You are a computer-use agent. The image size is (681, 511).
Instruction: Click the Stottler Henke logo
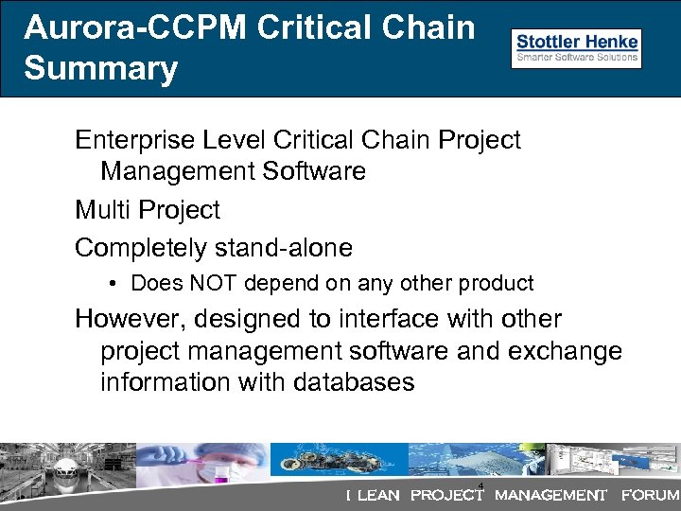pyautogui.click(x=576, y=48)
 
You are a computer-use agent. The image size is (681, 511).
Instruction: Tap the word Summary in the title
pyautogui.click(x=101, y=68)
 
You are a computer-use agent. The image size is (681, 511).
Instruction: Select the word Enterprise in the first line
pyautogui.click(x=134, y=140)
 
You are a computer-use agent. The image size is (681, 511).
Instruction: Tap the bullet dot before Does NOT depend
pyautogui.click(x=112, y=283)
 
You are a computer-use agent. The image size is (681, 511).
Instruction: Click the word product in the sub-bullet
pyautogui.click(x=498, y=283)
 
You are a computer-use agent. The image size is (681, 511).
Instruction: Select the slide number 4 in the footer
pyautogui.click(x=481, y=486)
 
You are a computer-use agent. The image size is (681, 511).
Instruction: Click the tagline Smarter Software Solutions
pyautogui.click(x=576, y=59)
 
